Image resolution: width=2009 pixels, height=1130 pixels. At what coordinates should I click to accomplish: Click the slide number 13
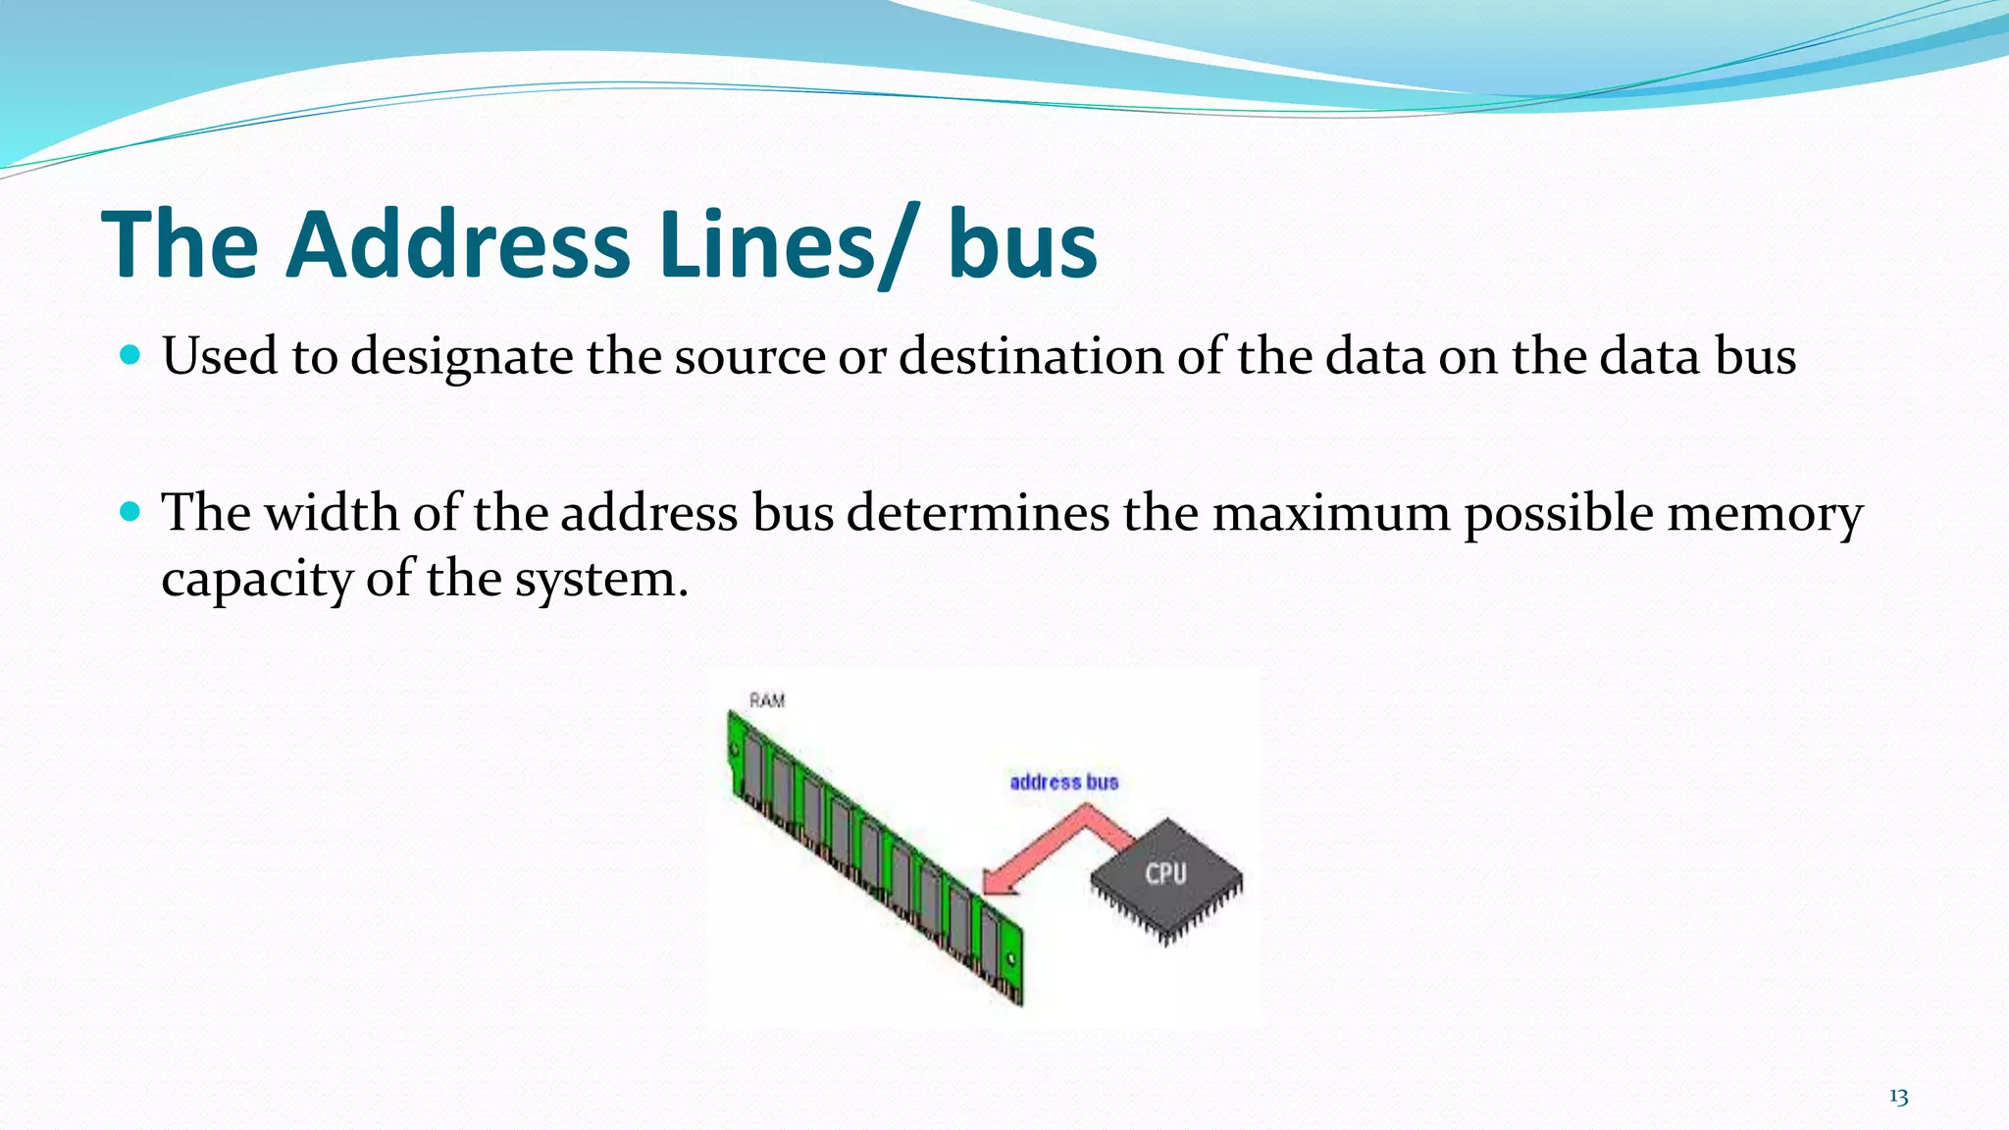[1898, 1097]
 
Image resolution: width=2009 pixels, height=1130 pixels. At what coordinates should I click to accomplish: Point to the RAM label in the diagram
[767, 700]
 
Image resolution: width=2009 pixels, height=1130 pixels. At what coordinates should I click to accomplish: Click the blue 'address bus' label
[1064, 782]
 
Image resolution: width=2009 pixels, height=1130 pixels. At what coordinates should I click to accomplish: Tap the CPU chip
[1166, 875]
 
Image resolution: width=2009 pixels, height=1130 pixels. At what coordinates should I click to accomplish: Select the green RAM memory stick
[873, 853]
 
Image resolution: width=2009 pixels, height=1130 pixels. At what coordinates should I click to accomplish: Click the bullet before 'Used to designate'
[130, 353]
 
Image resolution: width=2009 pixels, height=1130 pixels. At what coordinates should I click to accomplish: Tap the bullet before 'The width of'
[130, 511]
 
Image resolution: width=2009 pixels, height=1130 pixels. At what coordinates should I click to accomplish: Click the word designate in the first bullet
[462, 357]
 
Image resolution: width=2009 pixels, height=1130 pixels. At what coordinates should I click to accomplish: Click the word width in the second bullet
[332, 512]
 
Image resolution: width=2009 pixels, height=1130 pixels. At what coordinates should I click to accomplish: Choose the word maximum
[1331, 512]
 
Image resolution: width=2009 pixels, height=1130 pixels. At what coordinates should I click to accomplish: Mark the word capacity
[257, 580]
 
